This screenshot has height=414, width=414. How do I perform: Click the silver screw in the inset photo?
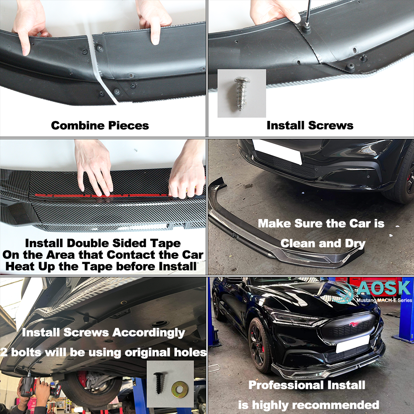[241, 93]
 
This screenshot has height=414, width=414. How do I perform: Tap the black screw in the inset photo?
[159, 383]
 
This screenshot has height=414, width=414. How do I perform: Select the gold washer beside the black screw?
[180, 390]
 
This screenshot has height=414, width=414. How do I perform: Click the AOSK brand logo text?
[385, 288]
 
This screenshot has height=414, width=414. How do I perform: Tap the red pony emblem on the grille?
[354, 324]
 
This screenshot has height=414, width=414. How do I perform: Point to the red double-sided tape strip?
[102, 196]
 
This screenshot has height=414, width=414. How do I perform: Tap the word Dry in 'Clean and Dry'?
[355, 243]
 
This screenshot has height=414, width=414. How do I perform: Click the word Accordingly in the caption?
[149, 333]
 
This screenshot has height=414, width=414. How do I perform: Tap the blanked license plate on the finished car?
[352, 344]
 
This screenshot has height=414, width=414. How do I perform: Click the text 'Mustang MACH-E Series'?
[384, 300]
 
